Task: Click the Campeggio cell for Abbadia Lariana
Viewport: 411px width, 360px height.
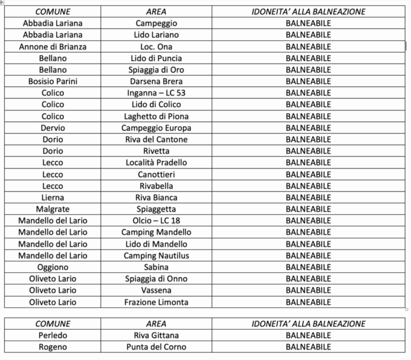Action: coord(156,24)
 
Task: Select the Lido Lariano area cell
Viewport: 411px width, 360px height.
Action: coord(156,35)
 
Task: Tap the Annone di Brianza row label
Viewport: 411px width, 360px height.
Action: coord(53,47)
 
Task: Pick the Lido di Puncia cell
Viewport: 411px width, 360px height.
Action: coord(156,58)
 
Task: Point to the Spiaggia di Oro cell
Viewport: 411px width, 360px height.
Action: coord(156,70)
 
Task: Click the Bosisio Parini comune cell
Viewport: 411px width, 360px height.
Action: coord(53,81)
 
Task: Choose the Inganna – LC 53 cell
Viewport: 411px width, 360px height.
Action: coord(156,93)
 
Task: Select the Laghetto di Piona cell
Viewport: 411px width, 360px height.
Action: coord(156,116)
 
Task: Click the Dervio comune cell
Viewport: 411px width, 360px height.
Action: coord(53,128)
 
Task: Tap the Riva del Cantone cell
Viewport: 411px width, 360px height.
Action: coord(156,139)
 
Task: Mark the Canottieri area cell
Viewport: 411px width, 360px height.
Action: coord(156,174)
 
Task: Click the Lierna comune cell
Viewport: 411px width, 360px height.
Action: coord(53,197)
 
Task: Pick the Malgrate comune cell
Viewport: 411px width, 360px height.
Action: coord(53,209)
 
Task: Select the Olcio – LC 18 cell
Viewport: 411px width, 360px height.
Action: coord(156,220)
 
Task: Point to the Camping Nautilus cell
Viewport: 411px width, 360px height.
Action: coord(156,255)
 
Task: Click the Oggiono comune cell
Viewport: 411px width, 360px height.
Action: coord(53,267)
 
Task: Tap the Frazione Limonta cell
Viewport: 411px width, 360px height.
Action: coord(156,302)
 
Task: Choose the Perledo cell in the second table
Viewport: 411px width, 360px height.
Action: coord(53,335)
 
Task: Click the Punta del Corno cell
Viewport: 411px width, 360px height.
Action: coord(156,347)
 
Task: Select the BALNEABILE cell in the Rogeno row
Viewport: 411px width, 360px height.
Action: coord(308,347)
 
